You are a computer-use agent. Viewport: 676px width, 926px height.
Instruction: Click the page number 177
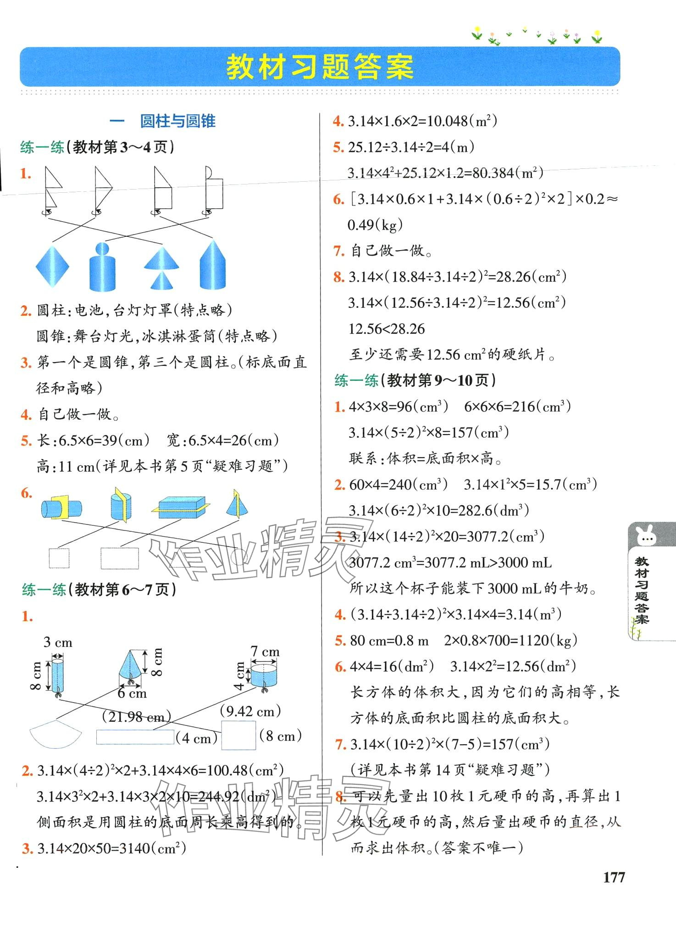(614, 877)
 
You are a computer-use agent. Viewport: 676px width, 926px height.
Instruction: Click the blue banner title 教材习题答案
(320, 67)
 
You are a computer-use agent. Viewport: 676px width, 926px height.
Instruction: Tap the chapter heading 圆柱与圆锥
(177, 121)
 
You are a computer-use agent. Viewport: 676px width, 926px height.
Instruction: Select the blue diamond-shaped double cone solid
(53, 266)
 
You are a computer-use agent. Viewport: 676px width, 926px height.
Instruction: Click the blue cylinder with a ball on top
(102, 267)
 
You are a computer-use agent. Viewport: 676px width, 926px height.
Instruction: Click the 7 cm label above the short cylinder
(265, 652)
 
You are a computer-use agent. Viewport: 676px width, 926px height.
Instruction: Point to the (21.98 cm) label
(136, 716)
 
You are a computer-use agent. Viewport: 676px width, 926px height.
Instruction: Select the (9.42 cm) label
(250, 711)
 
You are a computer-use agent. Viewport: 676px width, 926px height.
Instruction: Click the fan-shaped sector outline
(55, 734)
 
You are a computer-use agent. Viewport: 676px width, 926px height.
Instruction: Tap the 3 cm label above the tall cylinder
(58, 642)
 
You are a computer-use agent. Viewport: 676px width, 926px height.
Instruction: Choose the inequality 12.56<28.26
(387, 329)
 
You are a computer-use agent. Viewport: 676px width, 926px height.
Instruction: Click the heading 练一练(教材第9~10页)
(415, 380)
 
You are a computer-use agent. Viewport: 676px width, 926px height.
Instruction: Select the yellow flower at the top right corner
(597, 35)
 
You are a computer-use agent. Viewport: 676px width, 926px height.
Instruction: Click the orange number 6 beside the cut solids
(26, 493)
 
